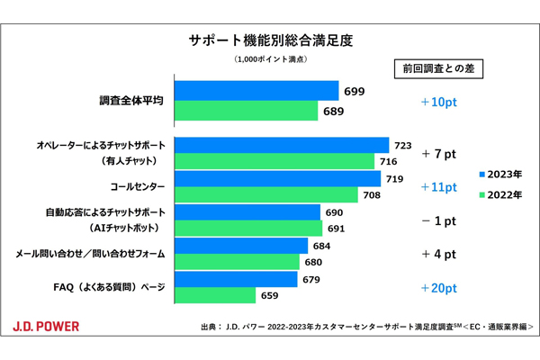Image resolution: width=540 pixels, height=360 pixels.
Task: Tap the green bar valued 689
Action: tap(246, 111)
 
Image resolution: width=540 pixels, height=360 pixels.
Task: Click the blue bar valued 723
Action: tap(281, 146)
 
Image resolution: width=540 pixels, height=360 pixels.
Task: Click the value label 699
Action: tap(355, 92)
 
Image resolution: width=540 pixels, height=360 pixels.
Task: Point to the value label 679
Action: tap(313, 279)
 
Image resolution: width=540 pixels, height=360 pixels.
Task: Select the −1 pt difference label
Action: tap(439, 220)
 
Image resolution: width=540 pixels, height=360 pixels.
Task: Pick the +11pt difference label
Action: tap(439, 187)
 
